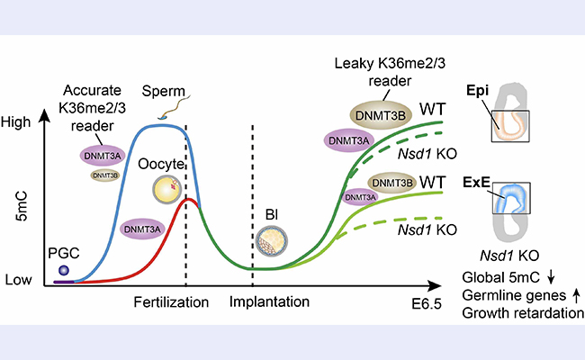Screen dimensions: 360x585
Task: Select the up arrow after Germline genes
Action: pos(574,293)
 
